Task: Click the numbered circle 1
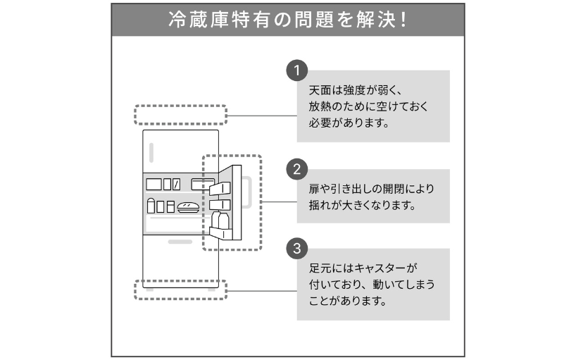click(x=298, y=70)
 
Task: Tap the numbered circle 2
click(x=298, y=169)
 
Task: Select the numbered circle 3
click(x=298, y=248)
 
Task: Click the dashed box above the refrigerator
click(x=180, y=115)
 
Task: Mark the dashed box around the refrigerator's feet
click(x=180, y=290)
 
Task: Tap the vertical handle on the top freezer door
click(x=151, y=154)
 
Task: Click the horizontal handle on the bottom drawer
click(x=180, y=241)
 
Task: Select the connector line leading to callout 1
click(x=261, y=115)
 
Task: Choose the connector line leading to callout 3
click(x=261, y=290)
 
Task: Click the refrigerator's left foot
click(x=149, y=288)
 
